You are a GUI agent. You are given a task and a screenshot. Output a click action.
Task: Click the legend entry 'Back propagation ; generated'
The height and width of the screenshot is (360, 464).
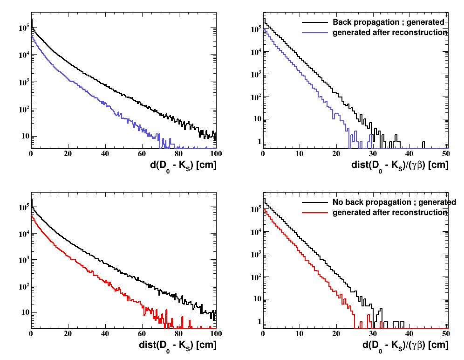(x=388, y=22)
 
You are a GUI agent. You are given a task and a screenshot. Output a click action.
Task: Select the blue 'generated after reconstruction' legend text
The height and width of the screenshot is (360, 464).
(x=389, y=33)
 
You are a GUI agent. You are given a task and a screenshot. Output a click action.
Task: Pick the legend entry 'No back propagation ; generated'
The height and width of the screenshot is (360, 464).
(x=394, y=202)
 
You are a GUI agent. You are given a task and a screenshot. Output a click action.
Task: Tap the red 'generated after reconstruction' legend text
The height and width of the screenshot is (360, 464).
(x=389, y=213)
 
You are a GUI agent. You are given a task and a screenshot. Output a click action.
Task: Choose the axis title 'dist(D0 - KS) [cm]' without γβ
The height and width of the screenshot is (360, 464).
(x=177, y=346)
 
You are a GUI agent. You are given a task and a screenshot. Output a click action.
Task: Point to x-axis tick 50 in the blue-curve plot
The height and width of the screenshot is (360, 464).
(x=445, y=153)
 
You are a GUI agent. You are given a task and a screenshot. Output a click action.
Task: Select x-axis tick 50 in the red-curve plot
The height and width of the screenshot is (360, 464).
(x=445, y=333)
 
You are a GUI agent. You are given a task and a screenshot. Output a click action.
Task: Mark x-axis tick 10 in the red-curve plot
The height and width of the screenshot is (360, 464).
(x=300, y=333)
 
